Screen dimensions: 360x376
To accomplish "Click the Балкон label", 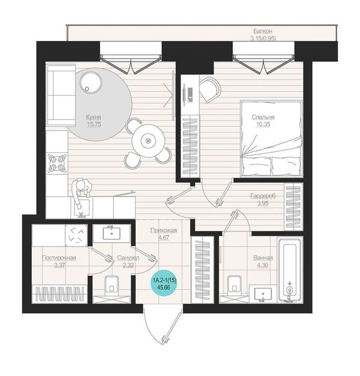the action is [263, 31].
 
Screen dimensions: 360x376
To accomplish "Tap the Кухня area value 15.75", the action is [94, 124].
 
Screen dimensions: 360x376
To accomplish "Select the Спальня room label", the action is [263, 117].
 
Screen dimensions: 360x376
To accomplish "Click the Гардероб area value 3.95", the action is [263, 203].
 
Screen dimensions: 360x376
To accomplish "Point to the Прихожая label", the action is [164, 230].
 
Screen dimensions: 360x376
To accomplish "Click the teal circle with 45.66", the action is [164, 283].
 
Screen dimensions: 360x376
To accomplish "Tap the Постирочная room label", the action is [59, 258].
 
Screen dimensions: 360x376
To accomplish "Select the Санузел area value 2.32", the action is [128, 265].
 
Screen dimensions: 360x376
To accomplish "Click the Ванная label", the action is [263, 258].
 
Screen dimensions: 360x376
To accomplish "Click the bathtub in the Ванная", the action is [290, 269].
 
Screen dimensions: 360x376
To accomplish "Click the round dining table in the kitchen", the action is [149, 140].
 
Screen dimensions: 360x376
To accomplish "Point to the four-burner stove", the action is [57, 164].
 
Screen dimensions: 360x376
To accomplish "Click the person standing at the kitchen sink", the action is [82, 191].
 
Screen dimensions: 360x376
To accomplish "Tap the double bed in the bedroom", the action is [271, 139].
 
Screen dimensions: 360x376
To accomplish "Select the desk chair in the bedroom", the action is [210, 89].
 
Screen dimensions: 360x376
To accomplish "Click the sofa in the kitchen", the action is [61, 95].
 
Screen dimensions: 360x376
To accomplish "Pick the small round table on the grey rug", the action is [90, 83].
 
